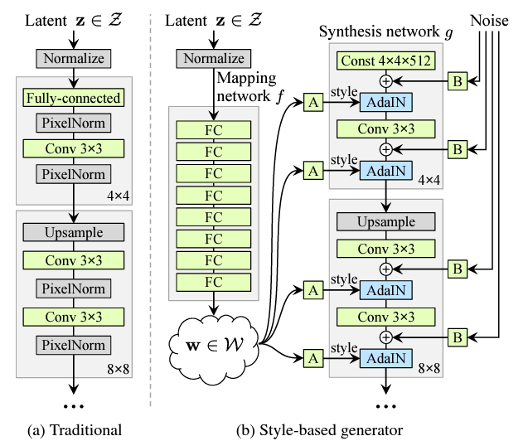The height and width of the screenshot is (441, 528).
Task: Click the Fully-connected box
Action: pyautogui.click(x=74, y=98)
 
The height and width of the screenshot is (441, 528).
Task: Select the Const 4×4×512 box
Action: pyautogui.click(x=386, y=61)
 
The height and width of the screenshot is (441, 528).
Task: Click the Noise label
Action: pyautogui.click(x=489, y=21)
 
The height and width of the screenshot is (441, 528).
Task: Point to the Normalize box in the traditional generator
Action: pyautogui.click(x=74, y=59)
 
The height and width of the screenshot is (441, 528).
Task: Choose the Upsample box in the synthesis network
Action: pyautogui.click(x=386, y=221)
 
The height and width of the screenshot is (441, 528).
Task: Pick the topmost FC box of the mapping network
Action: pyautogui.click(x=214, y=130)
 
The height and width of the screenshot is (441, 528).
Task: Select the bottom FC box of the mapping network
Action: pyautogui.click(x=214, y=282)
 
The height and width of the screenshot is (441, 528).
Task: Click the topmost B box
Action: pyautogui.click(x=458, y=81)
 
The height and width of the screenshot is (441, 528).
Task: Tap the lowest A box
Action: pyautogui.click(x=313, y=358)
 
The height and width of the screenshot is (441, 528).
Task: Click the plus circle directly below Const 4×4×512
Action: pyautogui.click(x=386, y=81)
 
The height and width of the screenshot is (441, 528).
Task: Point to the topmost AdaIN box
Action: pyautogui.click(x=386, y=102)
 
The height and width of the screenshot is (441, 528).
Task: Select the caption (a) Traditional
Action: pyautogui.click(x=75, y=430)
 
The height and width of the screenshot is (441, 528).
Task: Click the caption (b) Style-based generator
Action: pyautogui.click(x=320, y=430)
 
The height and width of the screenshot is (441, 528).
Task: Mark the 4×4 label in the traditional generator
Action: pyautogui.click(x=119, y=196)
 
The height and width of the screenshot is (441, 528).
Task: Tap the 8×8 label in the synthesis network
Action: pyautogui.click(x=429, y=368)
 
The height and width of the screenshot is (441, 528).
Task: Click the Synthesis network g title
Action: pyautogui.click(x=386, y=32)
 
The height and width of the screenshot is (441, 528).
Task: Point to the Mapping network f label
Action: pyautogui.click(x=249, y=87)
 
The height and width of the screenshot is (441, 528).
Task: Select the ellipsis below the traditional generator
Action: pyautogui.click(x=74, y=406)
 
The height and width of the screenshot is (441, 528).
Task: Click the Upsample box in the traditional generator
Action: pyautogui.click(x=74, y=232)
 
